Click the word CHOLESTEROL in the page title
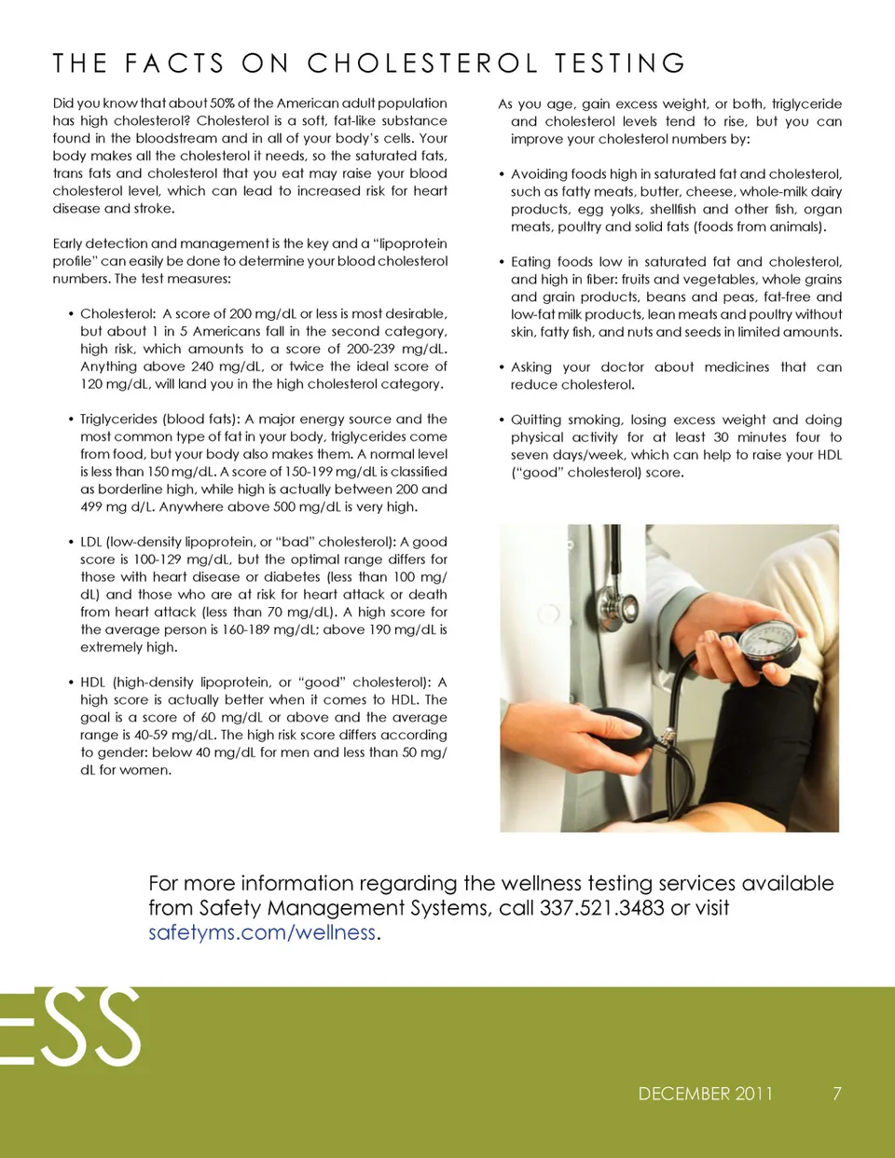coord(422,63)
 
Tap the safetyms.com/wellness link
coord(262,932)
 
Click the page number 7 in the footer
coord(837,1094)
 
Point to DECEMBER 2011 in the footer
coord(706,1094)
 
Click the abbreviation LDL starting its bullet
coord(91,542)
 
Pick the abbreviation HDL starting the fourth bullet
coord(92,682)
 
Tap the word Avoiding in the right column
coord(539,174)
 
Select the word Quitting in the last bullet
coord(536,420)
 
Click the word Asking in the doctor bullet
coord(531,367)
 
